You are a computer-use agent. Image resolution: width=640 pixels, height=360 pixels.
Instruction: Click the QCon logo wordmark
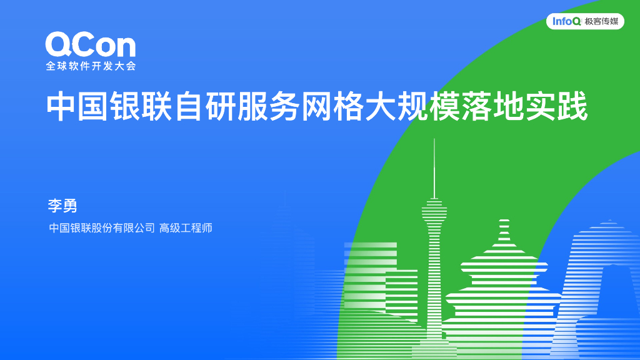90,46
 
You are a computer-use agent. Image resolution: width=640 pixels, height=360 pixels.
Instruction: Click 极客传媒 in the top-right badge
601,22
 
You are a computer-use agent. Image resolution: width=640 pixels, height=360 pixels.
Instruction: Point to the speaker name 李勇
62,205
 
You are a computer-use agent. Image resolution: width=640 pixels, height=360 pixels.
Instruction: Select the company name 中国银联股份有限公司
102,228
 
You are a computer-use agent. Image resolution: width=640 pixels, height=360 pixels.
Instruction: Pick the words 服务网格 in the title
302,107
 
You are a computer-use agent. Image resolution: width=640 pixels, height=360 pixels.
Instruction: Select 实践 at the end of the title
557,107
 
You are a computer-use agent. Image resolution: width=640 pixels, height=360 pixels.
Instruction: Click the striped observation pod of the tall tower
434,213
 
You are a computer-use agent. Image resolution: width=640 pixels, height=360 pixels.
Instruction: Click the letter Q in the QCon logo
59,46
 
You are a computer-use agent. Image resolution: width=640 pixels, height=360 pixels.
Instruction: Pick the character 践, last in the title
573,107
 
